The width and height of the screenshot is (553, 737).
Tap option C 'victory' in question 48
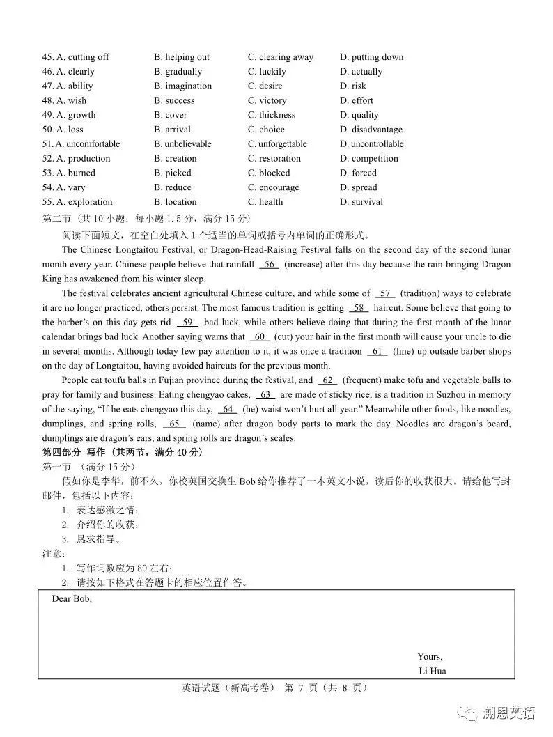pyautogui.click(x=267, y=101)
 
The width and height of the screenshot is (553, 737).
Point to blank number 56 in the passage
pyautogui.click(x=270, y=265)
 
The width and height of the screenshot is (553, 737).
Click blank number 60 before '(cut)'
pyautogui.click(x=260, y=337)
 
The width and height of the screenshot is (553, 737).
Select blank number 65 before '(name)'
pyautogui.click(x=175, y=424)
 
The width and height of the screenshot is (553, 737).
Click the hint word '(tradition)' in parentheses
pyautogui.click(x=421, y=294)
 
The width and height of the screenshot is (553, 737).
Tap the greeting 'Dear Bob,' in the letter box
pyautogui.click(x=72, y=599)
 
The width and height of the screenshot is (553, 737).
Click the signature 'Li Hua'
pyautogui.click(x=433, y=672)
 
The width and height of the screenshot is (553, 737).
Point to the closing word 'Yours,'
pyautogui.click(x=430, y=657)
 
